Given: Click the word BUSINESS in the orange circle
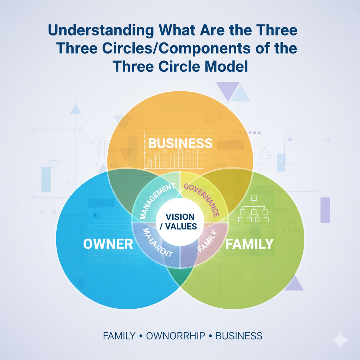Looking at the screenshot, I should click(180, 143).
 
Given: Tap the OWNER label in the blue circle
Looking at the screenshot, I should click(108, 244).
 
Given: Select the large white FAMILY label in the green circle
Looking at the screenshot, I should click(249, 244).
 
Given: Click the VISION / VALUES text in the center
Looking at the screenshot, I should click(180, 221).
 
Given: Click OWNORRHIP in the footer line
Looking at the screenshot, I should click(175, 336).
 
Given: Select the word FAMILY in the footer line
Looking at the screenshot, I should click(119, 336).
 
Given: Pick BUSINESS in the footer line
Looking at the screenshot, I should click(239, 336).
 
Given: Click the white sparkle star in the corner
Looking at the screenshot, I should click(340, 340).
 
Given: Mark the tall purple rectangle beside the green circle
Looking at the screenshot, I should click(325, 210).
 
